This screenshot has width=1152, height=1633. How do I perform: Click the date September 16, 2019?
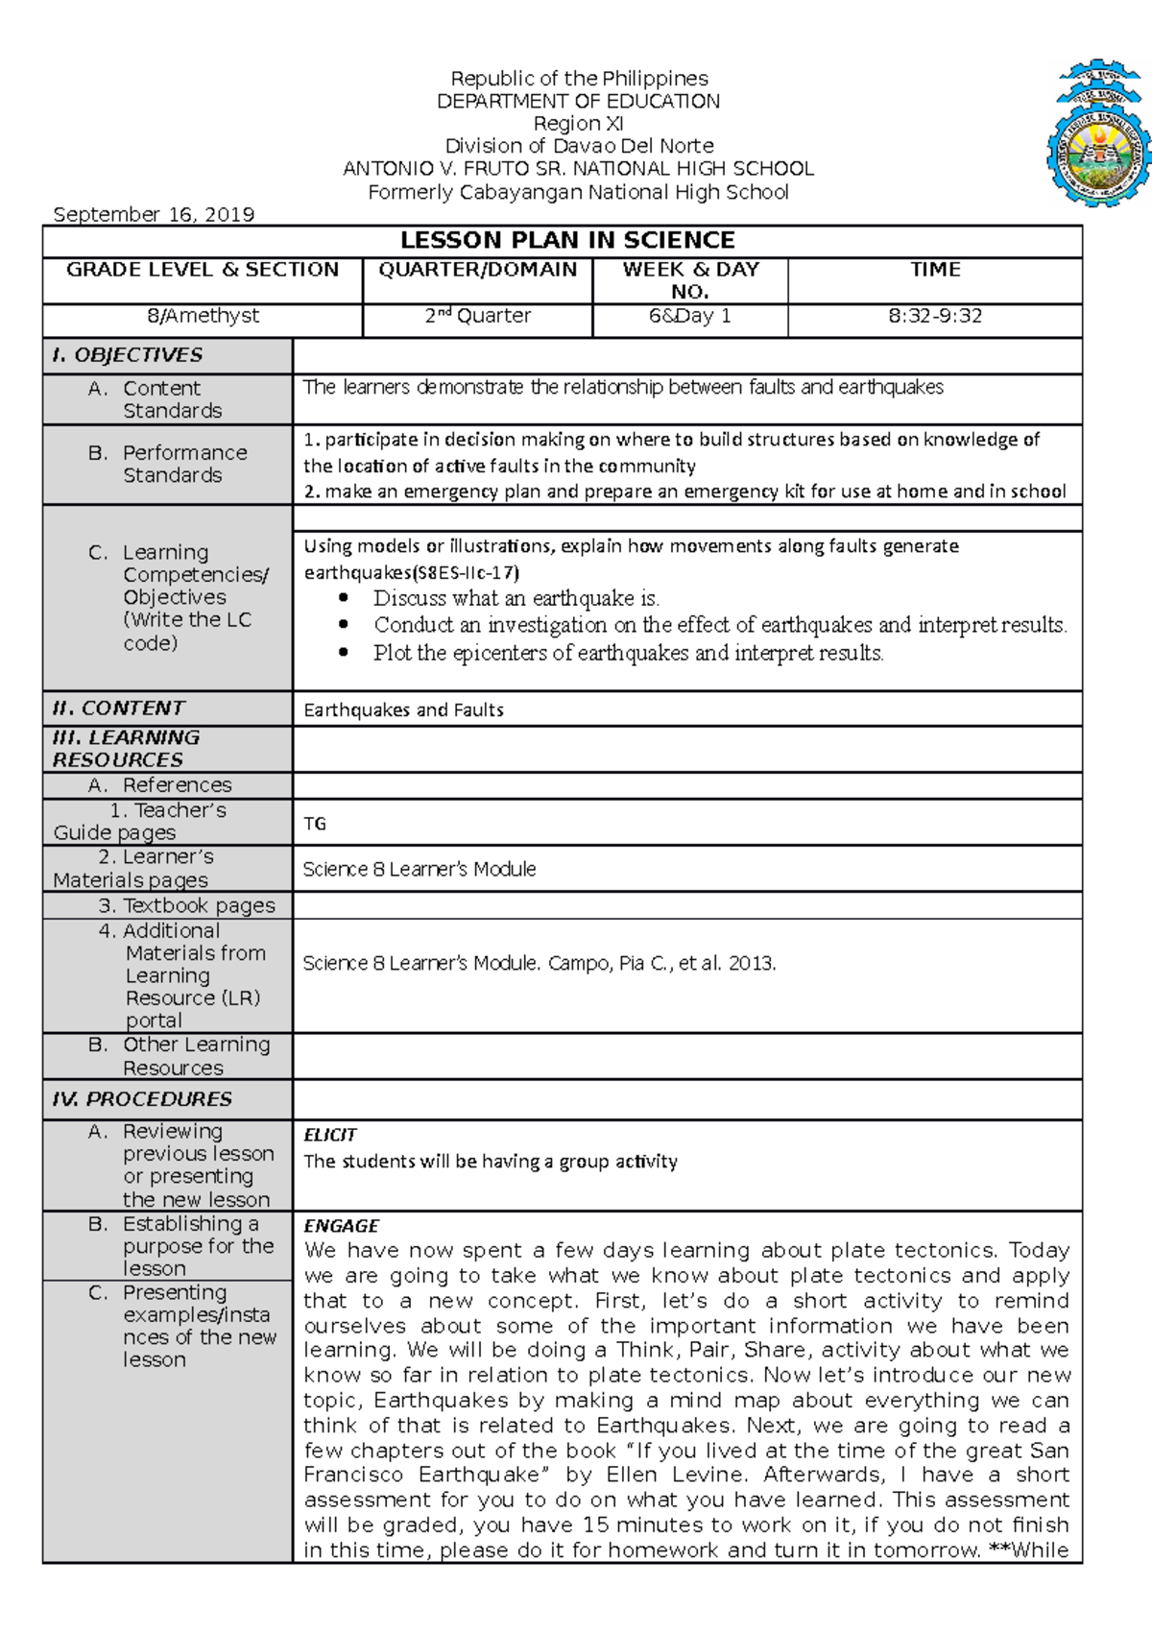[x=154, y=214]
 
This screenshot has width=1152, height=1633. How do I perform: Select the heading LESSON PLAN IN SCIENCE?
[x=567, y=240]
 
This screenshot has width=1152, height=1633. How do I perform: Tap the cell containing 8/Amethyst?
[x=202, y=316]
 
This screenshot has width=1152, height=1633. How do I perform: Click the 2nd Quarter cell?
[x=478, y=316]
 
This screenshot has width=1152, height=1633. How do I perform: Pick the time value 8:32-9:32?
[x=935, y=316]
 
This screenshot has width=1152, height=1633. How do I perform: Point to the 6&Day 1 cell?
[x=689, y=316]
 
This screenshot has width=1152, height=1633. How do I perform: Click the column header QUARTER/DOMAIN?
[x=478, y=270]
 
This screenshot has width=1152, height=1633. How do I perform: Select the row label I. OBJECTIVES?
[x=127, y=355]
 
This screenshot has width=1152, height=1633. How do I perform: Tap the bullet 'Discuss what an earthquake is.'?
[x=516, y=598]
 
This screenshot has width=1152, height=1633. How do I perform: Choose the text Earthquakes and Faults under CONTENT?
[x=403, y=710]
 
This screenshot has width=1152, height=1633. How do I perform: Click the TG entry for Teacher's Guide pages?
[x=315, y=824]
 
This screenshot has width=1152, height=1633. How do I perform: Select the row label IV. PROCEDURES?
[x=142, y=1099]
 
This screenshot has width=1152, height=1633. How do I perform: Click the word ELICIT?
[x=330, y=1135]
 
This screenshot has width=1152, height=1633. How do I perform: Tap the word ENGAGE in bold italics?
[x=341, y=1226]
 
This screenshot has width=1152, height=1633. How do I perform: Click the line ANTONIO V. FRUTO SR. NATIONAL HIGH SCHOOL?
[x=578, y=169]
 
